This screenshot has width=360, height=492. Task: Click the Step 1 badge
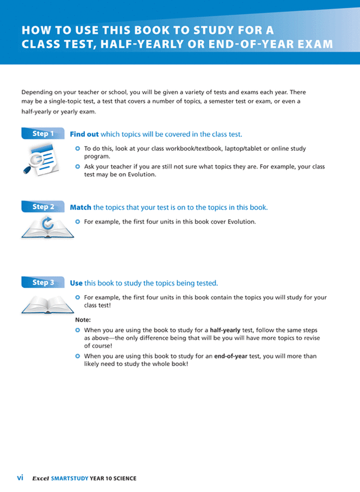43,134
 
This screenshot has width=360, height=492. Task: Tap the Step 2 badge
43,207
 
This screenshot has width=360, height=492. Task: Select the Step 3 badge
43,282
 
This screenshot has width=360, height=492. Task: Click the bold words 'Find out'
84,134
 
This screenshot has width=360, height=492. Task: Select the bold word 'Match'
80,207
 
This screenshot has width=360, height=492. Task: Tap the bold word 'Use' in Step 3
76,283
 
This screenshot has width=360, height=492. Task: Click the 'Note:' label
83,319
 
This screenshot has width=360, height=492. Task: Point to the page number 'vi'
20,478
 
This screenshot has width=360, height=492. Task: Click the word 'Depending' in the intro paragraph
38,92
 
